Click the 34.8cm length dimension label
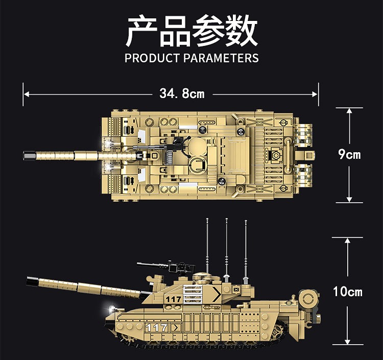182,94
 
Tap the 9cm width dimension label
349,154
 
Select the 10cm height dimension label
348,292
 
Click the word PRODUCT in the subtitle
152,58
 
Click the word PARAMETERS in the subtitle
221,58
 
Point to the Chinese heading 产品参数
192,31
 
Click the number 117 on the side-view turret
173,299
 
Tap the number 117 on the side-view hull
157,327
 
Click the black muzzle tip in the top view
30,156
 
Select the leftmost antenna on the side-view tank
207,247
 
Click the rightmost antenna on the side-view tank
246,252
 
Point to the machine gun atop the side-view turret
166,267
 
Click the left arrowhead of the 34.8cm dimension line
27,94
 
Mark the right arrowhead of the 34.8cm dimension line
315,94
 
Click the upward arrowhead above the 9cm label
349,111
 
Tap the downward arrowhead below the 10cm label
347,342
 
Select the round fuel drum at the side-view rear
309,298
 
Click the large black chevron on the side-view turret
217,294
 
